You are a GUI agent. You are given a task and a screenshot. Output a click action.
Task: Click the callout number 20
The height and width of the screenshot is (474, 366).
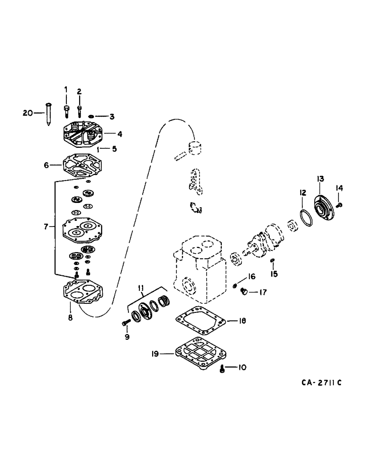[28, 112]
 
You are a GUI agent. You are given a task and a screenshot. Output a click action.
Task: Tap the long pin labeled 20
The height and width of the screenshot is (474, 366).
[49, 114]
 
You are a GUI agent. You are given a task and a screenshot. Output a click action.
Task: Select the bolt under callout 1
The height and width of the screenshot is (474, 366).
[66, 110]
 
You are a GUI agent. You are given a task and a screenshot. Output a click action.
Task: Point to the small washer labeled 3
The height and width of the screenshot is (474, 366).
[91, 116]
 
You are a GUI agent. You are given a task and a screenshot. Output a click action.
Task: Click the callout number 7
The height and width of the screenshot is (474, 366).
[46, 227]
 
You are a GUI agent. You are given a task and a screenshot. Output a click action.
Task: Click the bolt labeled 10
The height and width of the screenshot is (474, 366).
[223, 368]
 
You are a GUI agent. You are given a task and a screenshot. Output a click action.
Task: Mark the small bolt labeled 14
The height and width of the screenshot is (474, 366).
[340, 204]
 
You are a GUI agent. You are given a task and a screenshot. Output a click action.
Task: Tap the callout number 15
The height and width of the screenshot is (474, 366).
[273, 274]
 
